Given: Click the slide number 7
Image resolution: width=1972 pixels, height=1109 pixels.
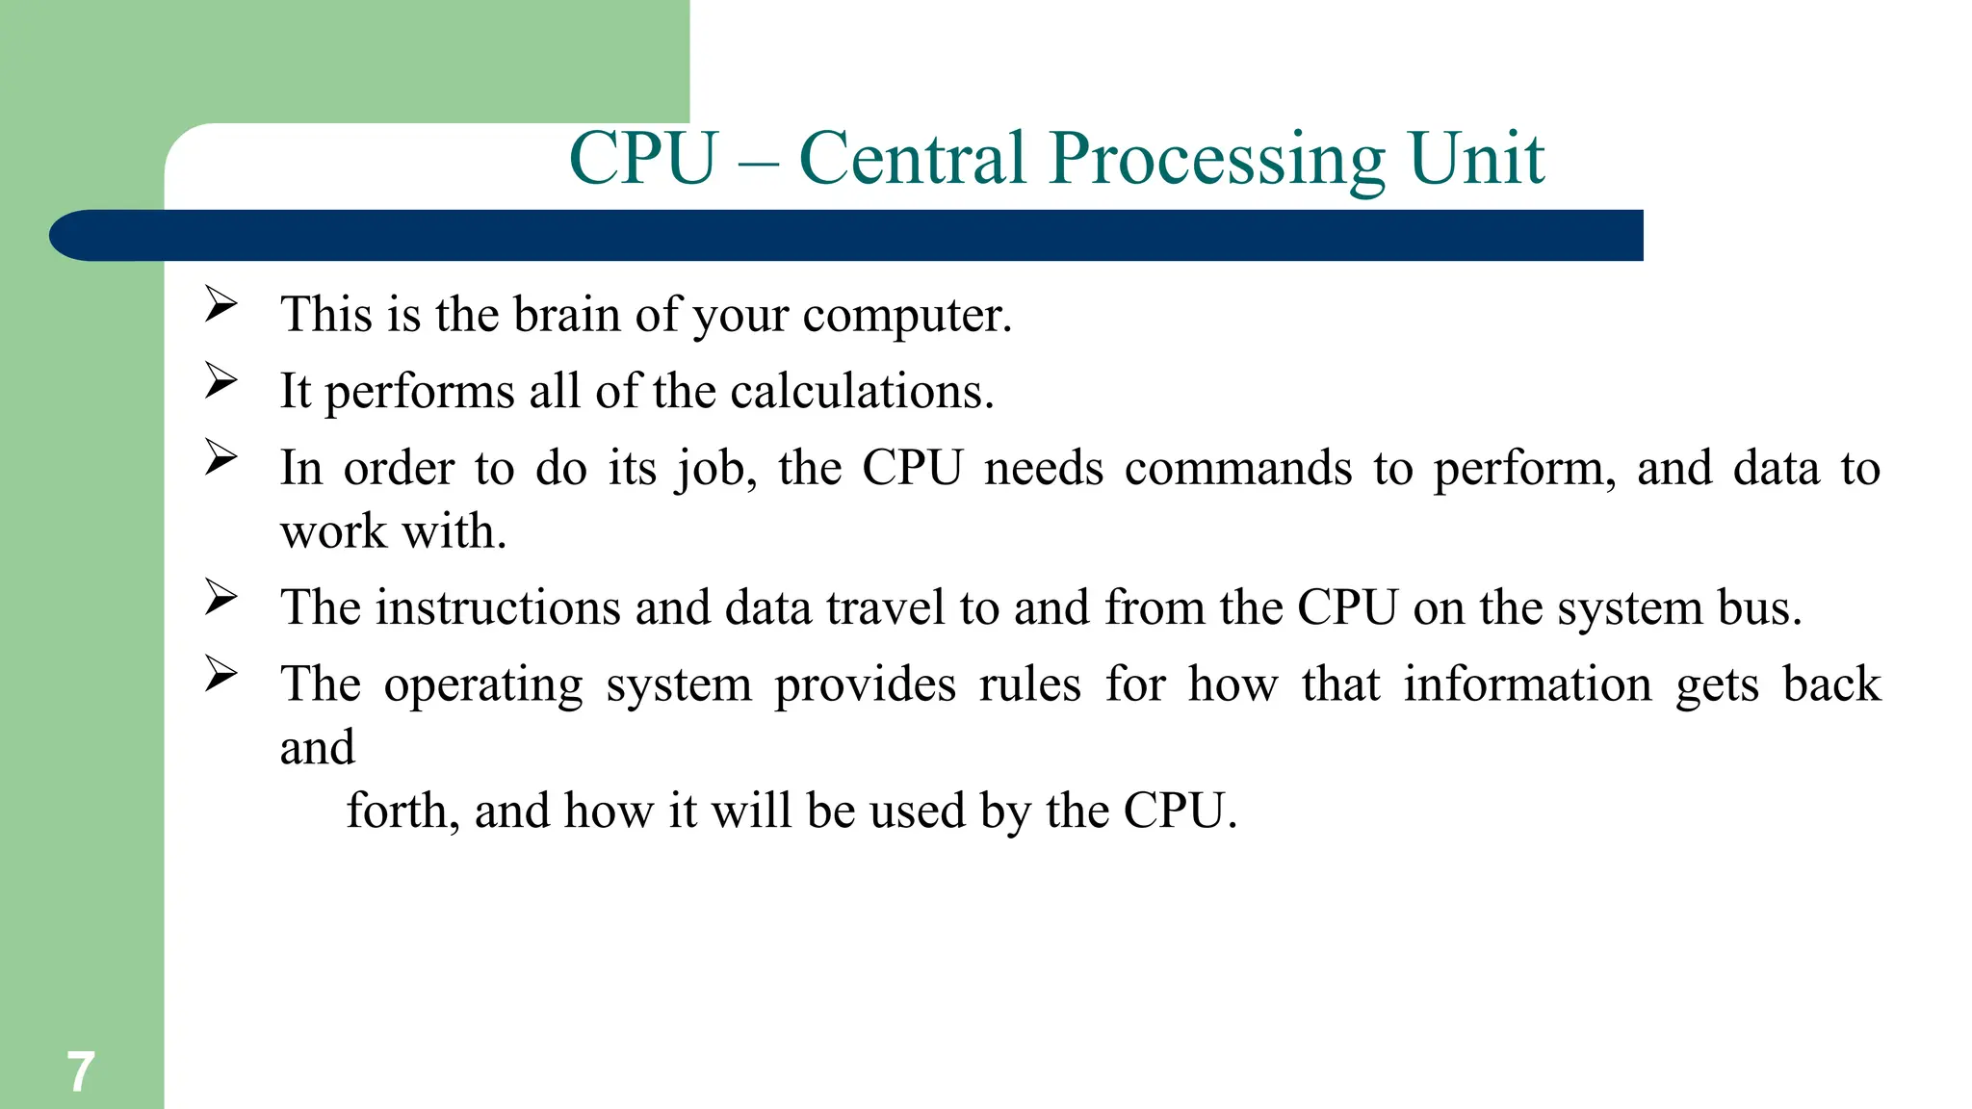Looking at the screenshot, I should coord(81,1071).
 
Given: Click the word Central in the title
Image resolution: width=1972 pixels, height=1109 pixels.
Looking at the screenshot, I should coord(912,158).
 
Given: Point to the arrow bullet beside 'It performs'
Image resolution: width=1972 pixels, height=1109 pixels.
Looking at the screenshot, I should coord(221,381).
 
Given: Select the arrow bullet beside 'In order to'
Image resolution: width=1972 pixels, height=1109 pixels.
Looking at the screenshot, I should coord(221,457).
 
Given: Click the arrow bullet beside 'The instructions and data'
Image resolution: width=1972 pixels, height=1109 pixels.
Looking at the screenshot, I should coord(221,598).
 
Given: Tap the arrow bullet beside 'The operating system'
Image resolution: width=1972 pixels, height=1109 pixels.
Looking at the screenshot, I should coord(221,674).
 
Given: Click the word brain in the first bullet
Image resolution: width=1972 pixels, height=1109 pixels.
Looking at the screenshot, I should coord(566,315).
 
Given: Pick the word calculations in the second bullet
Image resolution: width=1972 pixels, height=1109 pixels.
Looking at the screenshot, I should coord(862,392).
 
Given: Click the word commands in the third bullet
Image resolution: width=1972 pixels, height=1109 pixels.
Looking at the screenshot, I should coord(1238,469).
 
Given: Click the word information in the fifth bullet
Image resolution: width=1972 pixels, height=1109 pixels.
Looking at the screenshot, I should coord(1527,684).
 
